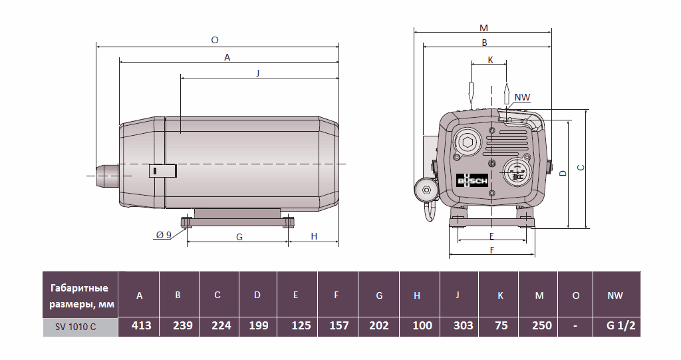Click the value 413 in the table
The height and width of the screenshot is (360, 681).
[x=142, y=325]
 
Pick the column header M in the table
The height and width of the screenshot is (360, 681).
[x=539, y=295]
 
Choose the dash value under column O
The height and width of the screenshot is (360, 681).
[x=575, y=325]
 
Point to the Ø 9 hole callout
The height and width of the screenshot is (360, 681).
[x=164, y=235]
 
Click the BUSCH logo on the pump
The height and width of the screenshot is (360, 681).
[x=472, y=182]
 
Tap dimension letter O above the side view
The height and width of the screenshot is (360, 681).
[x=215, y=40]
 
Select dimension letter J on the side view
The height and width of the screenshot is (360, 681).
[x=258, y=73]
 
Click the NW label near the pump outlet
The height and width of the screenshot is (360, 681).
[x=523, y=97]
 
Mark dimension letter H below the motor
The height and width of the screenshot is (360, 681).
[x=314, y=236]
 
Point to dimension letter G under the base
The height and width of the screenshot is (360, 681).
[x=239, y=237]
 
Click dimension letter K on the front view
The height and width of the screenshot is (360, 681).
[x=491, y=60]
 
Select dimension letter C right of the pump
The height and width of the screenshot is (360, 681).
[x=580, y=168]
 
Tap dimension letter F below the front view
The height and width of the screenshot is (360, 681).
[x=492, y=250]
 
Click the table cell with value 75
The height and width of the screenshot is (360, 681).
[x=499, y=325]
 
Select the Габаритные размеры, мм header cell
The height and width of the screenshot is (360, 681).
[x=80, y=295]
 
